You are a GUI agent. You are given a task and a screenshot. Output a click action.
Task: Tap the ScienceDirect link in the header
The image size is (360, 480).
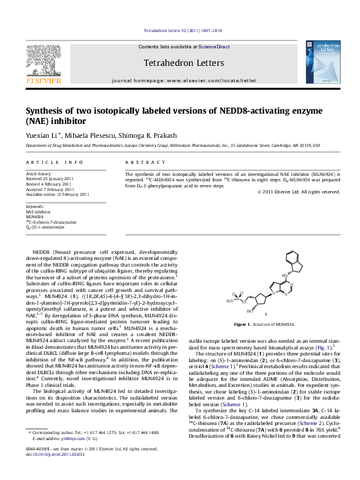[214, 47]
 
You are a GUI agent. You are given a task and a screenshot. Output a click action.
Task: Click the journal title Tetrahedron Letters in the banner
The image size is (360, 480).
[183, 63]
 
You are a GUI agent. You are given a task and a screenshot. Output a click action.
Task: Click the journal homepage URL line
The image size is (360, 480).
[184, 80]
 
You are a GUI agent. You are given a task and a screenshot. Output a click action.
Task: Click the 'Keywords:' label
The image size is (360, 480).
[35, 207]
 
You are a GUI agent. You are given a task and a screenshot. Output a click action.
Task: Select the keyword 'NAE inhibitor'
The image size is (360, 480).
[38, 212]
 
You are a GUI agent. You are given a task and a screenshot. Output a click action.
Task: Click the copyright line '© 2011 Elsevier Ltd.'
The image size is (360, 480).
[298, 192]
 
